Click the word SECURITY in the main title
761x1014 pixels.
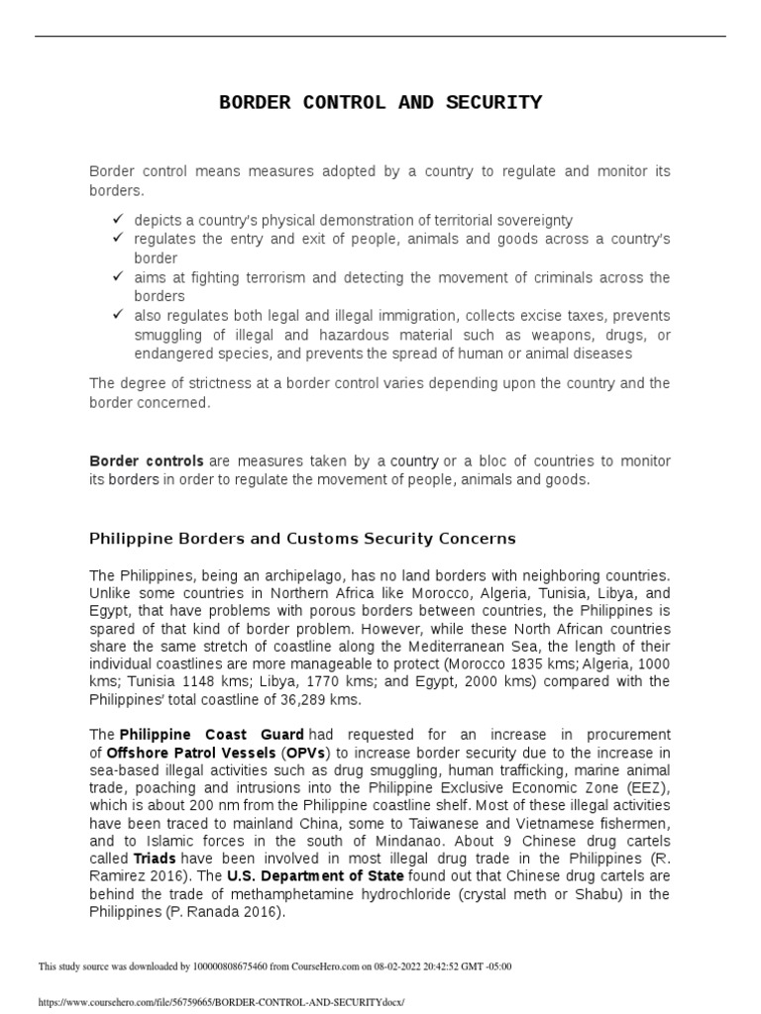click(x=497, y=102)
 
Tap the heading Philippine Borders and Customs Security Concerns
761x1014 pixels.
click(x=302, y=539)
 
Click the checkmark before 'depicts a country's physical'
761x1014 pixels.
click(x=117, y=219)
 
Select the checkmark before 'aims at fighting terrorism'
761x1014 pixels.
click(x=117, y=276)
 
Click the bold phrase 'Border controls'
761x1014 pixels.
click(x=147, y=461)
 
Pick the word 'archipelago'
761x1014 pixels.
click(x=318, y=575)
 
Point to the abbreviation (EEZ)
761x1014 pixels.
click(x=647, y=788)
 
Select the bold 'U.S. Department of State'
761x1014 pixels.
click(x=314, y=877)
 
